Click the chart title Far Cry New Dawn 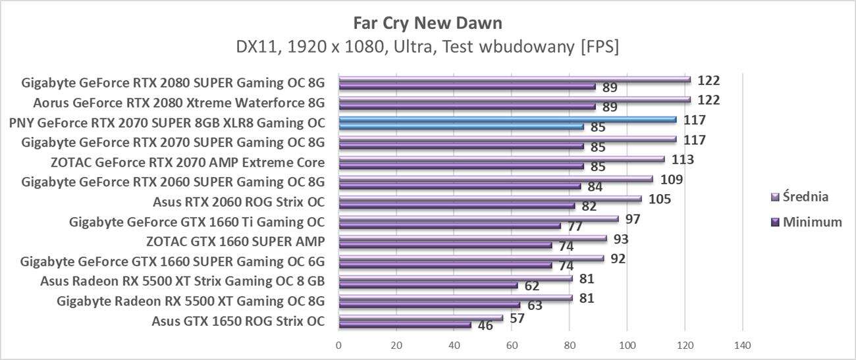click(x=427, y=23)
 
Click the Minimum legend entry click(x=811, y=222)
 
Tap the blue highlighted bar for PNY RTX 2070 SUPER click(x=507, y=120)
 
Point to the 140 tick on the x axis click(x=742, y=345)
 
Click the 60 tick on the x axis click(x=512, y=345)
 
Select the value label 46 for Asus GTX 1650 click(x=485, y=326)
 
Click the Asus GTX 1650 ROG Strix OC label click(x=238, y=321)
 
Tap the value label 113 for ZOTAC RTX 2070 click(x=682, y=159)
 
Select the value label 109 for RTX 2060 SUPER click(x=670, y=179)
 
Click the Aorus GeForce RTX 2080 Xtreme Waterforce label click(x=179, y=103)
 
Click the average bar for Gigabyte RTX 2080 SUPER click(x=514, y=80)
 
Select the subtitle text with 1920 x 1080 click(x=427, y=47)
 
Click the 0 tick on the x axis click(x=338, y=345)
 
